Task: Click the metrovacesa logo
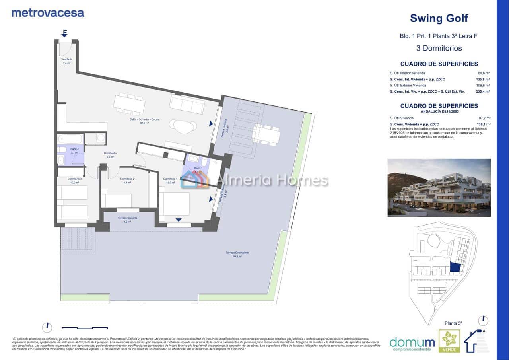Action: (x=48, y=13)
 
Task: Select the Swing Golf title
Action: (x=439, y=18)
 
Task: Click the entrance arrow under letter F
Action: (x=64, y=35)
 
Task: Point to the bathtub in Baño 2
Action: (x=70, y=139)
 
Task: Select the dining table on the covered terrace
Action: (x=266, y=135)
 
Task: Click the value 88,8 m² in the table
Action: (x=484, y=73)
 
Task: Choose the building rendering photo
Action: (x=439, y=188)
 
